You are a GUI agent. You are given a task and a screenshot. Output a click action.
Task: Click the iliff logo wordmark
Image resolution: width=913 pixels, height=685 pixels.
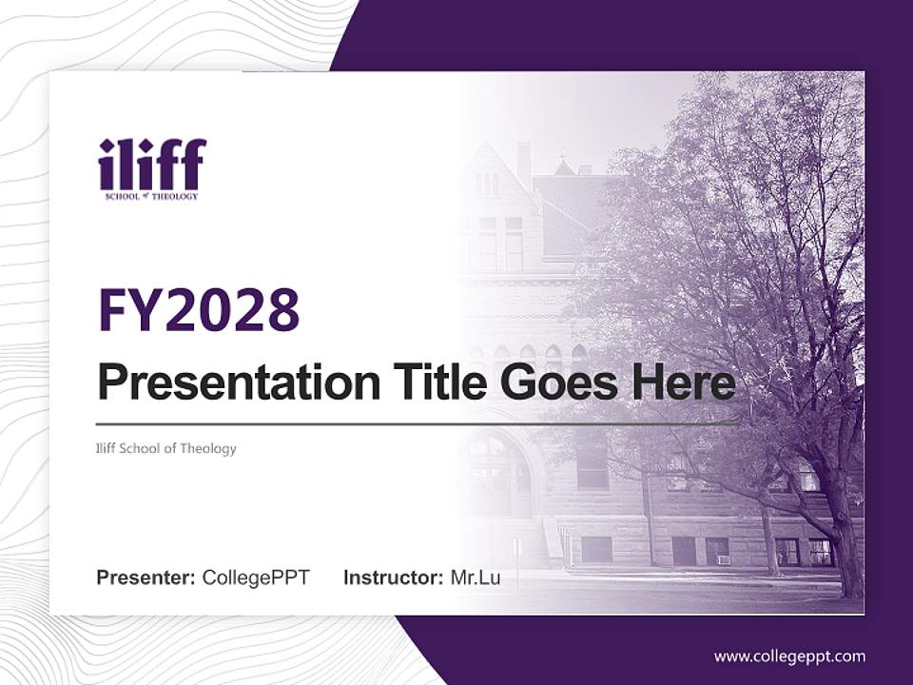coord(152,164)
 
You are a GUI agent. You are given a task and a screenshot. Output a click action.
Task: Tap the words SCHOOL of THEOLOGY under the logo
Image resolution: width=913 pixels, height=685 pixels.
coord(152,196)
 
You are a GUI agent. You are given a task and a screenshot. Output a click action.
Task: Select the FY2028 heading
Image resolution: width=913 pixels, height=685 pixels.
coord(199,309)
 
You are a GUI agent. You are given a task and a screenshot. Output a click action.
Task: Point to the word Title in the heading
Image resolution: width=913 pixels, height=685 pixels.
coord(425,382)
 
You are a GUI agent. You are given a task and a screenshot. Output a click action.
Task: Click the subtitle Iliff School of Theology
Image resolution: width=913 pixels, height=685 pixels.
coord(166,448)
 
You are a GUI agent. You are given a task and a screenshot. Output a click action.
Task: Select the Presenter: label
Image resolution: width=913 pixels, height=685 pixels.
coord(146,577)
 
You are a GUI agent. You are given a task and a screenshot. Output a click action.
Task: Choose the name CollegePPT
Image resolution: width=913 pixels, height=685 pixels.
coord(256,577)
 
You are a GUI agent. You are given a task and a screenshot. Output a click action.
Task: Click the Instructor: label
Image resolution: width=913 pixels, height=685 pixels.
coord(394,577)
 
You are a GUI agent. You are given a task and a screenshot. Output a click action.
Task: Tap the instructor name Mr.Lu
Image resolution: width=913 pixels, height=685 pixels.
coord(476,577)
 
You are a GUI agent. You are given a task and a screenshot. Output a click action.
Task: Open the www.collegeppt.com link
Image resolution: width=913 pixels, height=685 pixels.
coord(789,656)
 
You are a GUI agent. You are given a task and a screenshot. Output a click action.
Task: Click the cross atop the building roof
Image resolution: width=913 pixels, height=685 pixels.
coord(563,156)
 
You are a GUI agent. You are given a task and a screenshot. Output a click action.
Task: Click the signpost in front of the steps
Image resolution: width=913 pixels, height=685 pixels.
coord(516,555)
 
